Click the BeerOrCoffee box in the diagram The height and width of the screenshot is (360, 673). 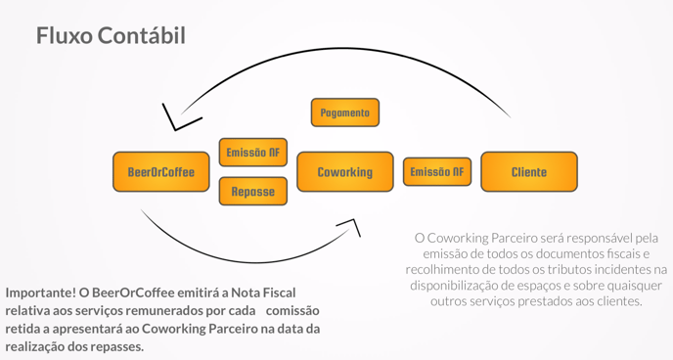point(161,172)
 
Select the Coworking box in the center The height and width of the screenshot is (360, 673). point(344,172)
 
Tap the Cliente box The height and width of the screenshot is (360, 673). point(529,172)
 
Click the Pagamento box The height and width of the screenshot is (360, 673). point(345,112)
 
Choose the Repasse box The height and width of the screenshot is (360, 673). point(253,192)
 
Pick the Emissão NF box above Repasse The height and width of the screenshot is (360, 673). point(253,153)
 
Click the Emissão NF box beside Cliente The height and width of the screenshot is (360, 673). point(437,172)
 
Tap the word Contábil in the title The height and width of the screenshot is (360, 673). point(146,36)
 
